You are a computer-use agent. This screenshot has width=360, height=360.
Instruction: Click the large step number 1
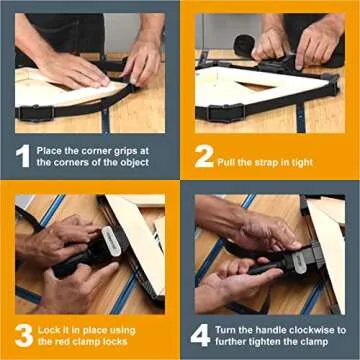(x=22, y=154)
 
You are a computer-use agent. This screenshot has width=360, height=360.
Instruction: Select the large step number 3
(x=22, y=334)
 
